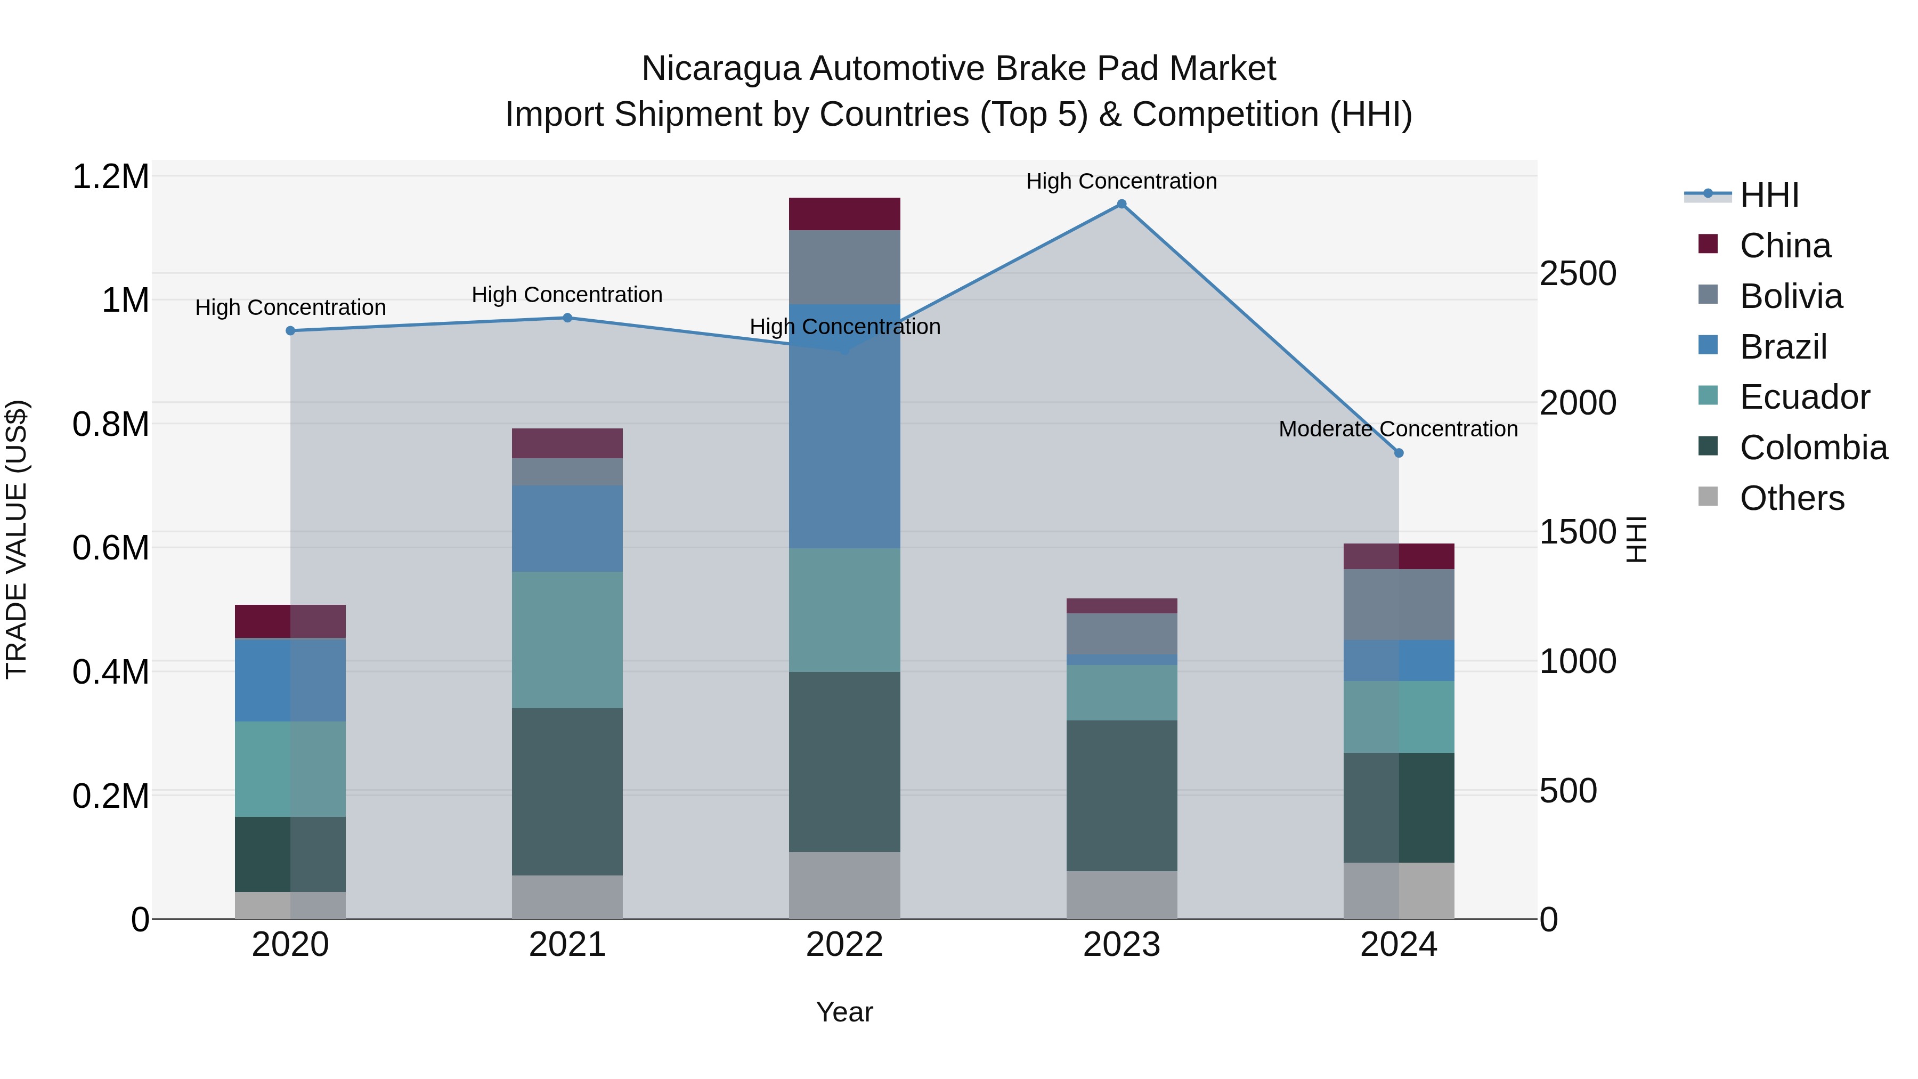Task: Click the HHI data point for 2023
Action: pyautogui.click(x=1121, y=204)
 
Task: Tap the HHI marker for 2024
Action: pyautogui.click(x=1399, y=453)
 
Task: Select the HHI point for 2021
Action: pyautogui.click(x=567, y=318)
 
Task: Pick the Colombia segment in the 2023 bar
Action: pyautogui.click(x=1121, y=796)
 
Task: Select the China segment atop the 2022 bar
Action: pyautogui.click(x=844, y=214)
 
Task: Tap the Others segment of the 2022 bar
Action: pyautogui.click(x=844, y=886)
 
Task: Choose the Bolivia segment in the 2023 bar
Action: pyautogui.click(x=1121, y=634)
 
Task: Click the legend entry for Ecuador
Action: pyautogui.click(x=1804, y=397)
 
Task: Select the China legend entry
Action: pyautogui.click(x=1785, y=246)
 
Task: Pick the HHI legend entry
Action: pyautogui.click(x=1769, y=195)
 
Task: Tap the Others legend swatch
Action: pyautogui.click(x=1708, y=497)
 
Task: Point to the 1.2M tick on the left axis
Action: pyautogui.click(x=111, y=177)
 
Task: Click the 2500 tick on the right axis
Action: pyautogui.click(x=1578, y=273)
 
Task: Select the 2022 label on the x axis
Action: pyautogui.click(x=844, y=945)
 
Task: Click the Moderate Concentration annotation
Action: pyautogui.click(x=1397, y=429)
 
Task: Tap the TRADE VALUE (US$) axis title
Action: pyautogui.click(x=17, y=539)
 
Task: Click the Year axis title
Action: pyautogui.click(x=844, y=1012)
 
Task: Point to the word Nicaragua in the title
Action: pyautogui.click(x=721, y=69)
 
